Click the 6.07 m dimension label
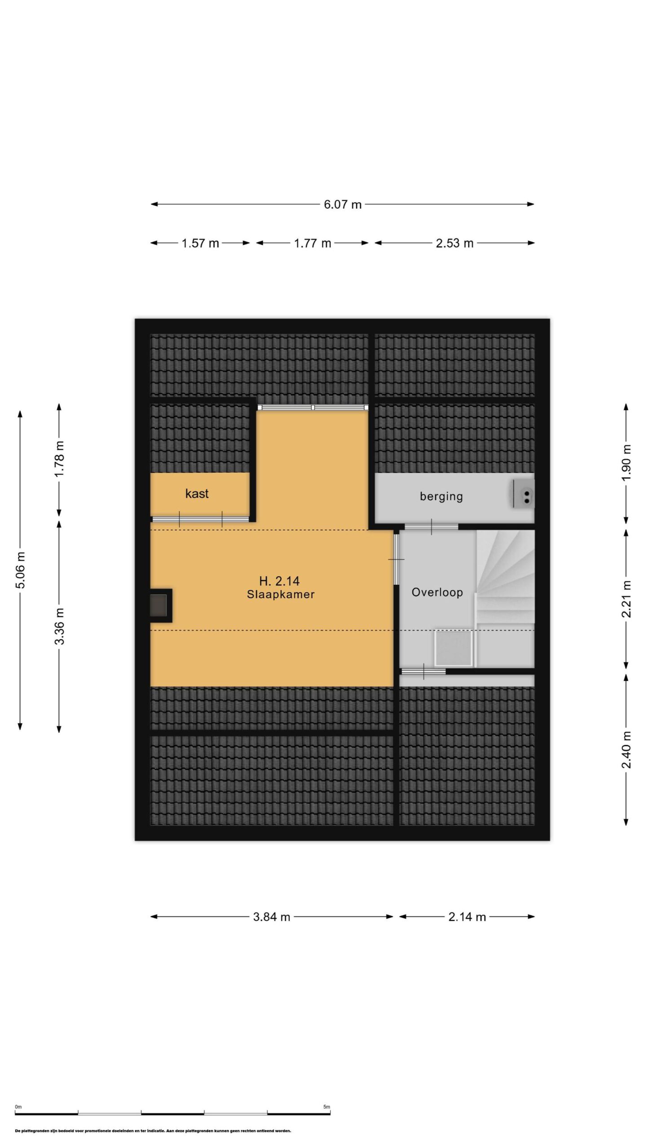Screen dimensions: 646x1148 pos(342,204)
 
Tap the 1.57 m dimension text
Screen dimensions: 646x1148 pos(200,243)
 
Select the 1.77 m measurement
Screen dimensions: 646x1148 pos(312,243)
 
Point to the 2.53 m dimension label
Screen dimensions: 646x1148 pos(454,243)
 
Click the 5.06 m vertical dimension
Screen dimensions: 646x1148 pos(20,570)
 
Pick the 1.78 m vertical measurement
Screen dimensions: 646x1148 pos(59,459)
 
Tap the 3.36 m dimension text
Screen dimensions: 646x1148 pos(59,626)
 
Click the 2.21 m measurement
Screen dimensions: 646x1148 pos(626,599)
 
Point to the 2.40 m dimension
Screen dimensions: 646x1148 pos(626,749)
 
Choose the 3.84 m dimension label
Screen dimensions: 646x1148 pos(271,917)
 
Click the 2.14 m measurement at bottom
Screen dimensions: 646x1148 pos(467,917)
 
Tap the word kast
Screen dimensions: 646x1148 pos(197,493)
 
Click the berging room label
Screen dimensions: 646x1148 pos(441,497)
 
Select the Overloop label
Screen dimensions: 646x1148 pos(437,592)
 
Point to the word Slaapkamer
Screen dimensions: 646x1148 pos(281,595)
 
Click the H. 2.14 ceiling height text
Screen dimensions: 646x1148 pos(279,581)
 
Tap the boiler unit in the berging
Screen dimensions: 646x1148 pos(524,494)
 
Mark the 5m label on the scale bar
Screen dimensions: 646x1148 pos(327,1107)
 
